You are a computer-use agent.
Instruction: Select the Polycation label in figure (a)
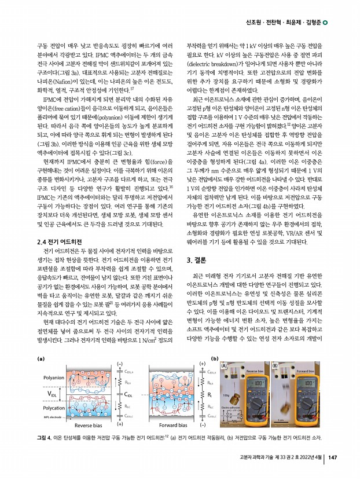point(54,407)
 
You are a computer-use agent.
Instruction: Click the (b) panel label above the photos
point(215,359)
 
